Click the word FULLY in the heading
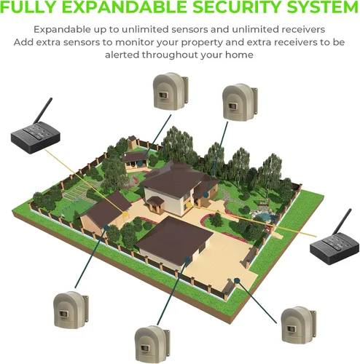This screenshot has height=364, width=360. pos(28,7)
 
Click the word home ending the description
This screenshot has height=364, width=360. pos(239,55)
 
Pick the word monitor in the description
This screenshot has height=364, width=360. pos(134,42)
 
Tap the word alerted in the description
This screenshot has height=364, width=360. pos(122,55)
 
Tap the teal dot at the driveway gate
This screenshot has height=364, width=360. pos(237,281)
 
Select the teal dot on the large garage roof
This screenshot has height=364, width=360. pos(187,260)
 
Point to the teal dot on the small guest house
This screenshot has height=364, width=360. pos(140,163)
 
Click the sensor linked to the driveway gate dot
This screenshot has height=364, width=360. pos(299,325)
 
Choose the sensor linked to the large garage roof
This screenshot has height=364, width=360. pos(152,344)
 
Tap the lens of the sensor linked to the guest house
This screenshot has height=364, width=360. pos(163,95)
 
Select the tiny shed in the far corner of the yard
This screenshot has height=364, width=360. pos(132,142)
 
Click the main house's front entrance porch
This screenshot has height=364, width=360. pos(156,205)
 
